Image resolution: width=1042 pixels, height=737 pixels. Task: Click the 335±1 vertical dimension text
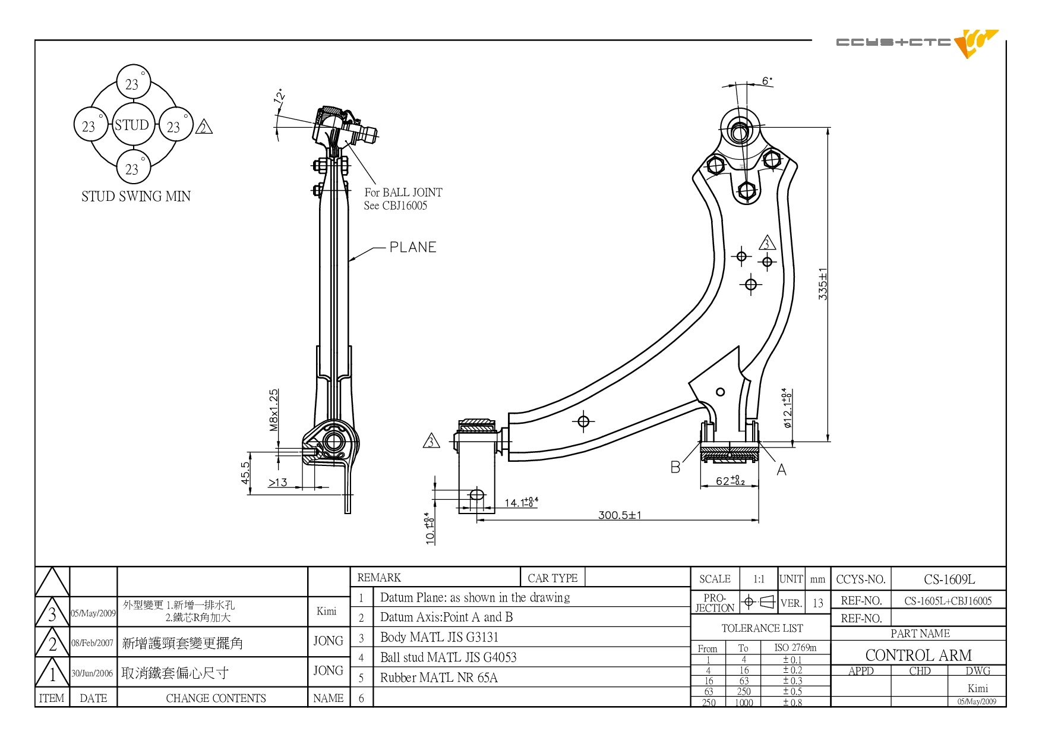[823, 284]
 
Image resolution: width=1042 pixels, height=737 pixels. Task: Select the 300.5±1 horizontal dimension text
[620, 515]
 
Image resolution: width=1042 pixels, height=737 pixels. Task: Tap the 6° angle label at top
[768, 80]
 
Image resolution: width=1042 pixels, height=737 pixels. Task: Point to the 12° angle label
[279, 96]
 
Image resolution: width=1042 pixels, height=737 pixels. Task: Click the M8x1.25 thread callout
[273, 410]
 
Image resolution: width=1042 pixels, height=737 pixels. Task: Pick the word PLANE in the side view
[413, 247]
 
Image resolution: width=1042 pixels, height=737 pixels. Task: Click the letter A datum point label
[781, 470]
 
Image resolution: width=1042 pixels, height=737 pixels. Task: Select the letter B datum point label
[675, 467]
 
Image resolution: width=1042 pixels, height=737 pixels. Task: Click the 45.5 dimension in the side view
[245, 473]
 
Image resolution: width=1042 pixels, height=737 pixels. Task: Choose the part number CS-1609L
[949, 579]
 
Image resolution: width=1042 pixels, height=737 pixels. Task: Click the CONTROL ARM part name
[918, 655]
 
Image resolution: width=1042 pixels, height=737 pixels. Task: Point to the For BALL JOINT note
[403, 192]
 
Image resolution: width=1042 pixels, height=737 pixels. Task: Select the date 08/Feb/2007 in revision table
[92, 642]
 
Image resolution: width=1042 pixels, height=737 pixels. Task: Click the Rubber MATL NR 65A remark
[439, 678]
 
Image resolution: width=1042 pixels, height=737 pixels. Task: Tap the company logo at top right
[918, 43]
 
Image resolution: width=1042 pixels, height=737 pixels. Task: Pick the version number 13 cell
[818, 603]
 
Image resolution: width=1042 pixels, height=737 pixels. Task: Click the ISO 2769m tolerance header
[795, 647]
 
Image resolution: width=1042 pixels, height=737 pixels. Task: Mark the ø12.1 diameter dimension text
[787, 408]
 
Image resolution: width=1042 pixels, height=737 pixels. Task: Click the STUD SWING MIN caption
[136, 196]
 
